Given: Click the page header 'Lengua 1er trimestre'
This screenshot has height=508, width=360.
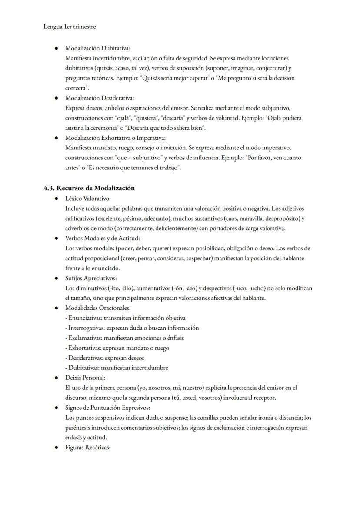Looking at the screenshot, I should point(70,27).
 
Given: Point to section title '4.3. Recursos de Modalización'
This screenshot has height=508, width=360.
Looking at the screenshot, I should point(89,188).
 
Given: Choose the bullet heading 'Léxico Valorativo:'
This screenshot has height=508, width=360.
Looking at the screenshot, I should point(88,198).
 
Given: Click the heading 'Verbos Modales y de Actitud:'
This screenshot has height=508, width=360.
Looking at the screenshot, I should point(102,238).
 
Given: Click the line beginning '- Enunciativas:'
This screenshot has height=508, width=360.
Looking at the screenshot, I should point(125,318).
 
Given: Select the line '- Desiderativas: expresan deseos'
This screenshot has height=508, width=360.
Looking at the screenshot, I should point(104,358).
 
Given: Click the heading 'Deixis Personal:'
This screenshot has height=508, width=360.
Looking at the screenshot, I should point(85,378).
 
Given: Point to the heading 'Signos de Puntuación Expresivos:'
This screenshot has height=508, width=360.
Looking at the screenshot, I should point(107,408).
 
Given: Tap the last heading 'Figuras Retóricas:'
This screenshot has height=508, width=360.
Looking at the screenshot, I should point(88,448).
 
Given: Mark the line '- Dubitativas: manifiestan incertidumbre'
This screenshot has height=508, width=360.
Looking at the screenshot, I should point(117,368).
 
